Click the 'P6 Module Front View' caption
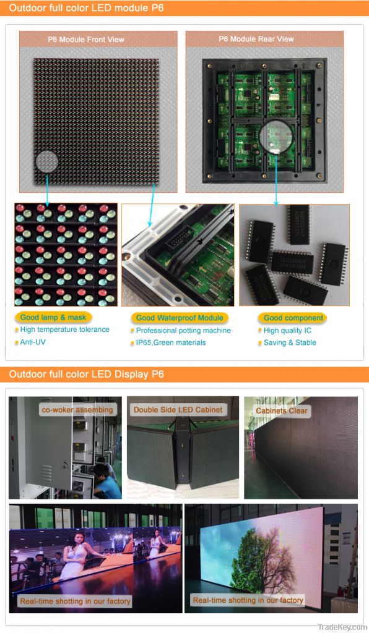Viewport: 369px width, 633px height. (86, 40)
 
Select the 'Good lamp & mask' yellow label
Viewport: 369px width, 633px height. (47, 317)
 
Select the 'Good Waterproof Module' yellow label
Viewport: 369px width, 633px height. (180, 318)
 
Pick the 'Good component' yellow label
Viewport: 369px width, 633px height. (293, 318)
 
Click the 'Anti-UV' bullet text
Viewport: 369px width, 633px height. (33, 342)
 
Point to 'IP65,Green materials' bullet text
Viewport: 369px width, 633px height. (171, 342)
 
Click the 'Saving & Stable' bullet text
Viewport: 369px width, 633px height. (290, 342)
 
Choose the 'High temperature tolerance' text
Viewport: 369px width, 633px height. (64, 329)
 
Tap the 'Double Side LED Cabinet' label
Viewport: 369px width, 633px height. (178, 409)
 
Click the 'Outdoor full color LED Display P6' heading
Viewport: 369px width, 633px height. (87, 375)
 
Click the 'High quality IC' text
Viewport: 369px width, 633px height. (287, 331)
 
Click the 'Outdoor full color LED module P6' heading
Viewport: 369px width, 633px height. (86, 8)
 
